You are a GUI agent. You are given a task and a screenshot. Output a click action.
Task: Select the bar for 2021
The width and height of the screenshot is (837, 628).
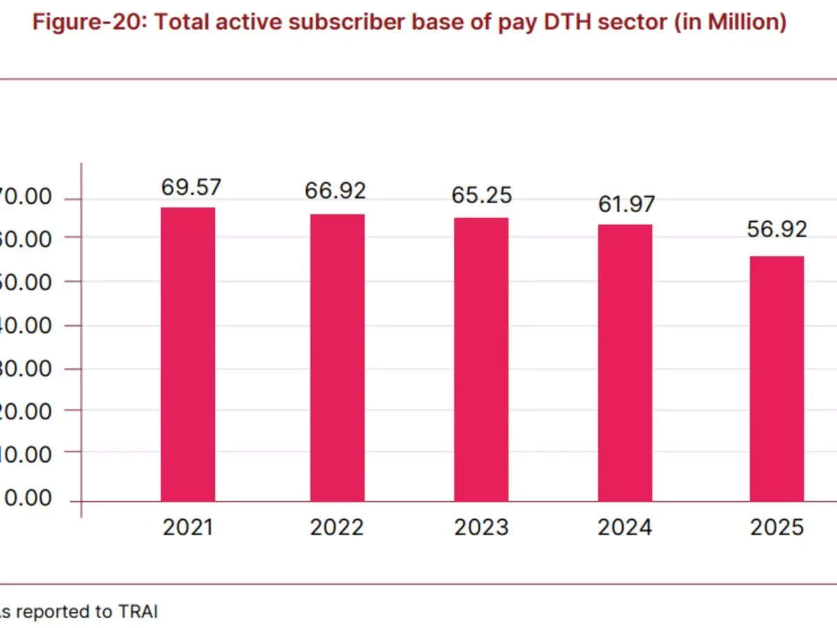click(x=188, y=354)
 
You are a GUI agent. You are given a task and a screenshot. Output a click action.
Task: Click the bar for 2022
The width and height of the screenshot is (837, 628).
click(x=337, y=357)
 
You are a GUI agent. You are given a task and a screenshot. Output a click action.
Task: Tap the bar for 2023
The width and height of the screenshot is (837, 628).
click(x=481, y=359)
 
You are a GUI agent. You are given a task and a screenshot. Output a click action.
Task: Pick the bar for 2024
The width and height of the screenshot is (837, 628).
click(x=626, y=363)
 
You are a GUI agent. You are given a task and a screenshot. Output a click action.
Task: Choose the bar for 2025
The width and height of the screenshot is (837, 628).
click(x=777, y=378)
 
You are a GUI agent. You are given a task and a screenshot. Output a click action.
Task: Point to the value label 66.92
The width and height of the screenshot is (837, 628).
click(x=335, y=191)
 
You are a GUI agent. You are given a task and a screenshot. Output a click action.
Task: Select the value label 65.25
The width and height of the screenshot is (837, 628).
click(x=481, y=195)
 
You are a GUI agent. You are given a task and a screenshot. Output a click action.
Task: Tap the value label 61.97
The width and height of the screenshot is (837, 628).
click(x=626, y=204)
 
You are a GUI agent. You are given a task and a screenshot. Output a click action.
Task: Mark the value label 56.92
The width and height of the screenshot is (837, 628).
click(x=777, y=229)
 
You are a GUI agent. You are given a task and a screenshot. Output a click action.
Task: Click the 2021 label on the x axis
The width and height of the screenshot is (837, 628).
click(x=188, y=528)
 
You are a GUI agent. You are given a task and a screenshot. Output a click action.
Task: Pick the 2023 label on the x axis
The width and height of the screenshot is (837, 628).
click(x=481, y=528)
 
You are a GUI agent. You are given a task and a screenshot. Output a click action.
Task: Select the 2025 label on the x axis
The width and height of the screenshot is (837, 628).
click(x=777, y=528)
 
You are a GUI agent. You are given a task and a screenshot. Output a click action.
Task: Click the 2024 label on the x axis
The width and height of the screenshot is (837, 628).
click(x=625, y=528)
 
